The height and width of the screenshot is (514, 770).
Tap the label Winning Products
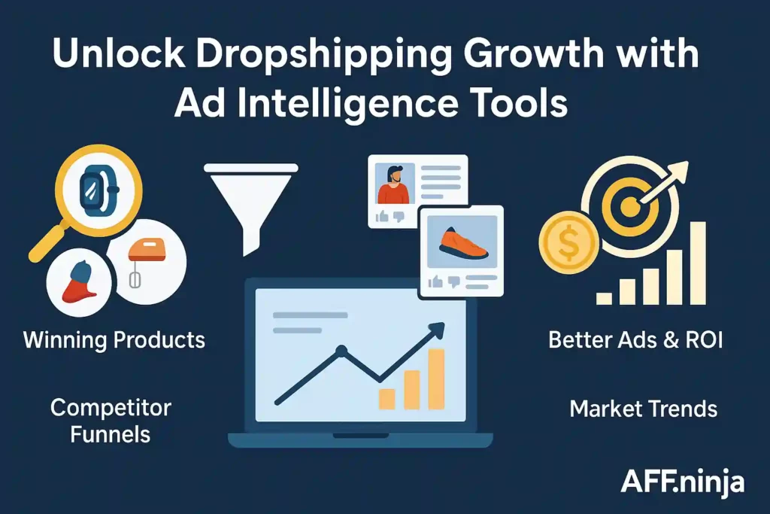114,339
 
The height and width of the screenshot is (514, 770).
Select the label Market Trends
643,409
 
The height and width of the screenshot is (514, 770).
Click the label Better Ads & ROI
635,339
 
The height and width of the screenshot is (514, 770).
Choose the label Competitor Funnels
111,421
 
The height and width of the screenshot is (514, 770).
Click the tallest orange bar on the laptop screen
435,379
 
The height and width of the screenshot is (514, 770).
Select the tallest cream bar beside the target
697,263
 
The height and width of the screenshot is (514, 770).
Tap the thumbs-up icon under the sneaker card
435,281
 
